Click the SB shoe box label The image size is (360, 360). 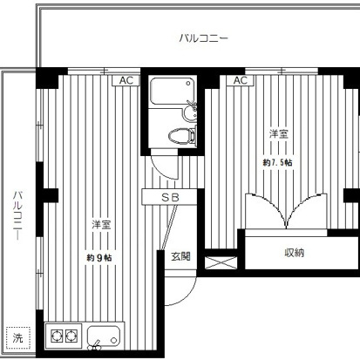pos(170,198)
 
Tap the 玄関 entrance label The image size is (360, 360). pos(180,256)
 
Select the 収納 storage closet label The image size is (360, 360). pos(294,253)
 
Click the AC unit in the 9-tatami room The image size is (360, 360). pos(126,80)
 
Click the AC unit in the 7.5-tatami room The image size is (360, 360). pos(241,80)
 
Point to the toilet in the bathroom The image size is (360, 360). pos(182,135)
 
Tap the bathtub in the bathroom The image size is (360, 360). pos(172,91)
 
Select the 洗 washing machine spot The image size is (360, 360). pos(18,338)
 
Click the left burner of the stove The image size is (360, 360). pos(57,336)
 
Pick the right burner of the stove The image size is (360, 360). pos(71,336)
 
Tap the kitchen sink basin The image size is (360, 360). pos(104,336)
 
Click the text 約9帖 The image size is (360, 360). pos(98,258)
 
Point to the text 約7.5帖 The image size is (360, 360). pos(277,162)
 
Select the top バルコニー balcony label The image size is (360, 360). pos(203,38)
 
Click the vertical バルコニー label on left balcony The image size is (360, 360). pos(18,215)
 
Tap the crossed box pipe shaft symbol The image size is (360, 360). pos(221,262)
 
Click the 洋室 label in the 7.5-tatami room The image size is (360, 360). pos(278,134)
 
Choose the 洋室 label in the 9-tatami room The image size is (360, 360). pos(101,224)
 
